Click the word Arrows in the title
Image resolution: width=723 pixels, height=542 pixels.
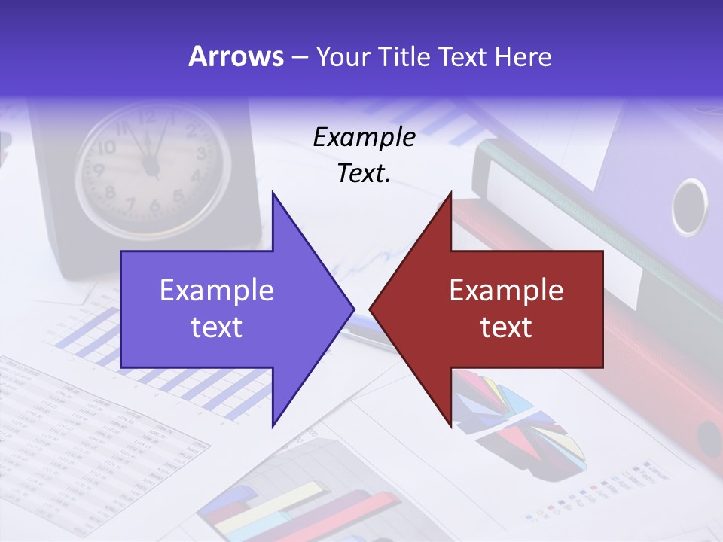[236, 57]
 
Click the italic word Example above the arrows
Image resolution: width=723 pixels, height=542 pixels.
[364, 137]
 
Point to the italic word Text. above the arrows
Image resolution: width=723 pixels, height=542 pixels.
[364, 174]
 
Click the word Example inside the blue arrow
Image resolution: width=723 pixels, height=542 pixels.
[217, 290]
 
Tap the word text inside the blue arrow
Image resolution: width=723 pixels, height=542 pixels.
[217, 327]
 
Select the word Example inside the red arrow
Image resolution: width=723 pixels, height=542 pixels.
[506, 290]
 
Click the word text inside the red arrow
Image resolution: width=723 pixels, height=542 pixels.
[506, 327]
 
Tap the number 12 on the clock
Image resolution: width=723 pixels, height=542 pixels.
[148, 117]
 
